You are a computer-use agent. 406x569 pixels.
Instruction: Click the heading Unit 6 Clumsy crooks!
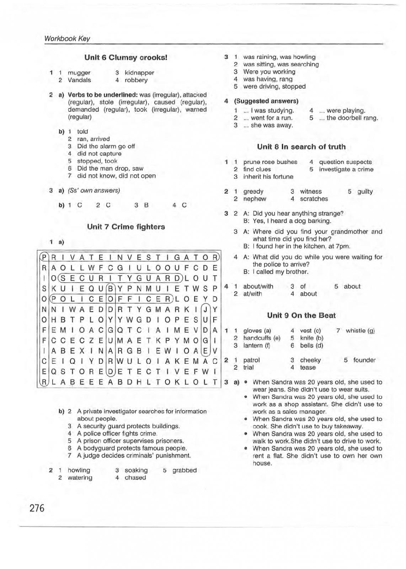(x=125, y=58)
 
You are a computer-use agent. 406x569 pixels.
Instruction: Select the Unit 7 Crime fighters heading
(x=126, y=227)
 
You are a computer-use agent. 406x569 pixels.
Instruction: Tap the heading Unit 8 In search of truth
(x=301, y=147)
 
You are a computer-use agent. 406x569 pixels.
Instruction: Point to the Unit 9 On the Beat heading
(x=301, y=315)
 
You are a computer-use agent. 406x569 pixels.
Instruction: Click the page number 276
(x=37, y=508)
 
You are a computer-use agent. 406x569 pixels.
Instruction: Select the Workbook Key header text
(x=67, y=39)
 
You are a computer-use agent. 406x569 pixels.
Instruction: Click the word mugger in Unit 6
(x=79, y=73)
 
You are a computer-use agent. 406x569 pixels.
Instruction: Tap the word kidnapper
(x=139, y=73)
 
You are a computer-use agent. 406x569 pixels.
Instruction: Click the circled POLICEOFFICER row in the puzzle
(x=111, y=299)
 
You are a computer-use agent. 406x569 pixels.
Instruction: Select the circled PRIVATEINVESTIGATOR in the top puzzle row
(x=130, y=257)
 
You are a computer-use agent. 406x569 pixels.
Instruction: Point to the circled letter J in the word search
(x=205, y=309)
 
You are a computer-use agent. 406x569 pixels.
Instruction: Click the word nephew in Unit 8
(x=255, y=199)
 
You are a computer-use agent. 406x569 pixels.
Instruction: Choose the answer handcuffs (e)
(x=262, y=338)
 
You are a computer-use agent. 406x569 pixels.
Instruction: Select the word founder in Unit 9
(x=364, y=360)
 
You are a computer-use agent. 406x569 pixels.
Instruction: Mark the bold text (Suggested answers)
(x=266, y=101)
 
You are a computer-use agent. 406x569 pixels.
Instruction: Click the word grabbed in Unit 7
(x=185, y=470)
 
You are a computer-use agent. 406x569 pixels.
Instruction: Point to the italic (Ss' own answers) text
(x=94, y=191)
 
